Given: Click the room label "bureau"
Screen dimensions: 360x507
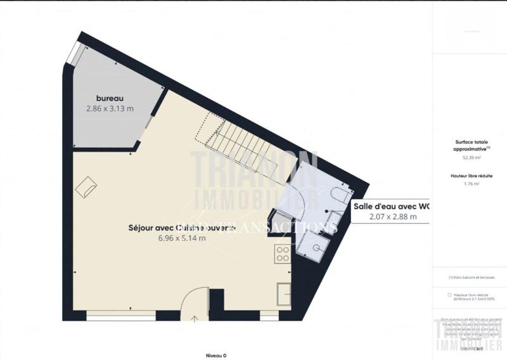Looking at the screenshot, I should tap(109, 98).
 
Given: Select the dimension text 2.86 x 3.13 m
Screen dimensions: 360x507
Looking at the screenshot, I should tap(110, 108).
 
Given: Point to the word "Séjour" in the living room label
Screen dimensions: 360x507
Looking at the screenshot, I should tap(143, 227).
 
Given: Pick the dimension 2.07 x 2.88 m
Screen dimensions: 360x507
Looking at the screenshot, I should tap(385, 217).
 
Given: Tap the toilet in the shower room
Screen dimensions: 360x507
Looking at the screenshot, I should tap(340, 193).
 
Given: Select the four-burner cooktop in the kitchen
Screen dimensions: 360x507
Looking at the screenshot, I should tap(283, 254).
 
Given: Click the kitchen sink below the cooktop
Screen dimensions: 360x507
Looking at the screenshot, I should tap(283, 295).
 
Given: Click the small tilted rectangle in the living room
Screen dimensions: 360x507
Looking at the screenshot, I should tap(86, 186).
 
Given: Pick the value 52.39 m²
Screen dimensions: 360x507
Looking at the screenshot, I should tap(470, 157).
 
